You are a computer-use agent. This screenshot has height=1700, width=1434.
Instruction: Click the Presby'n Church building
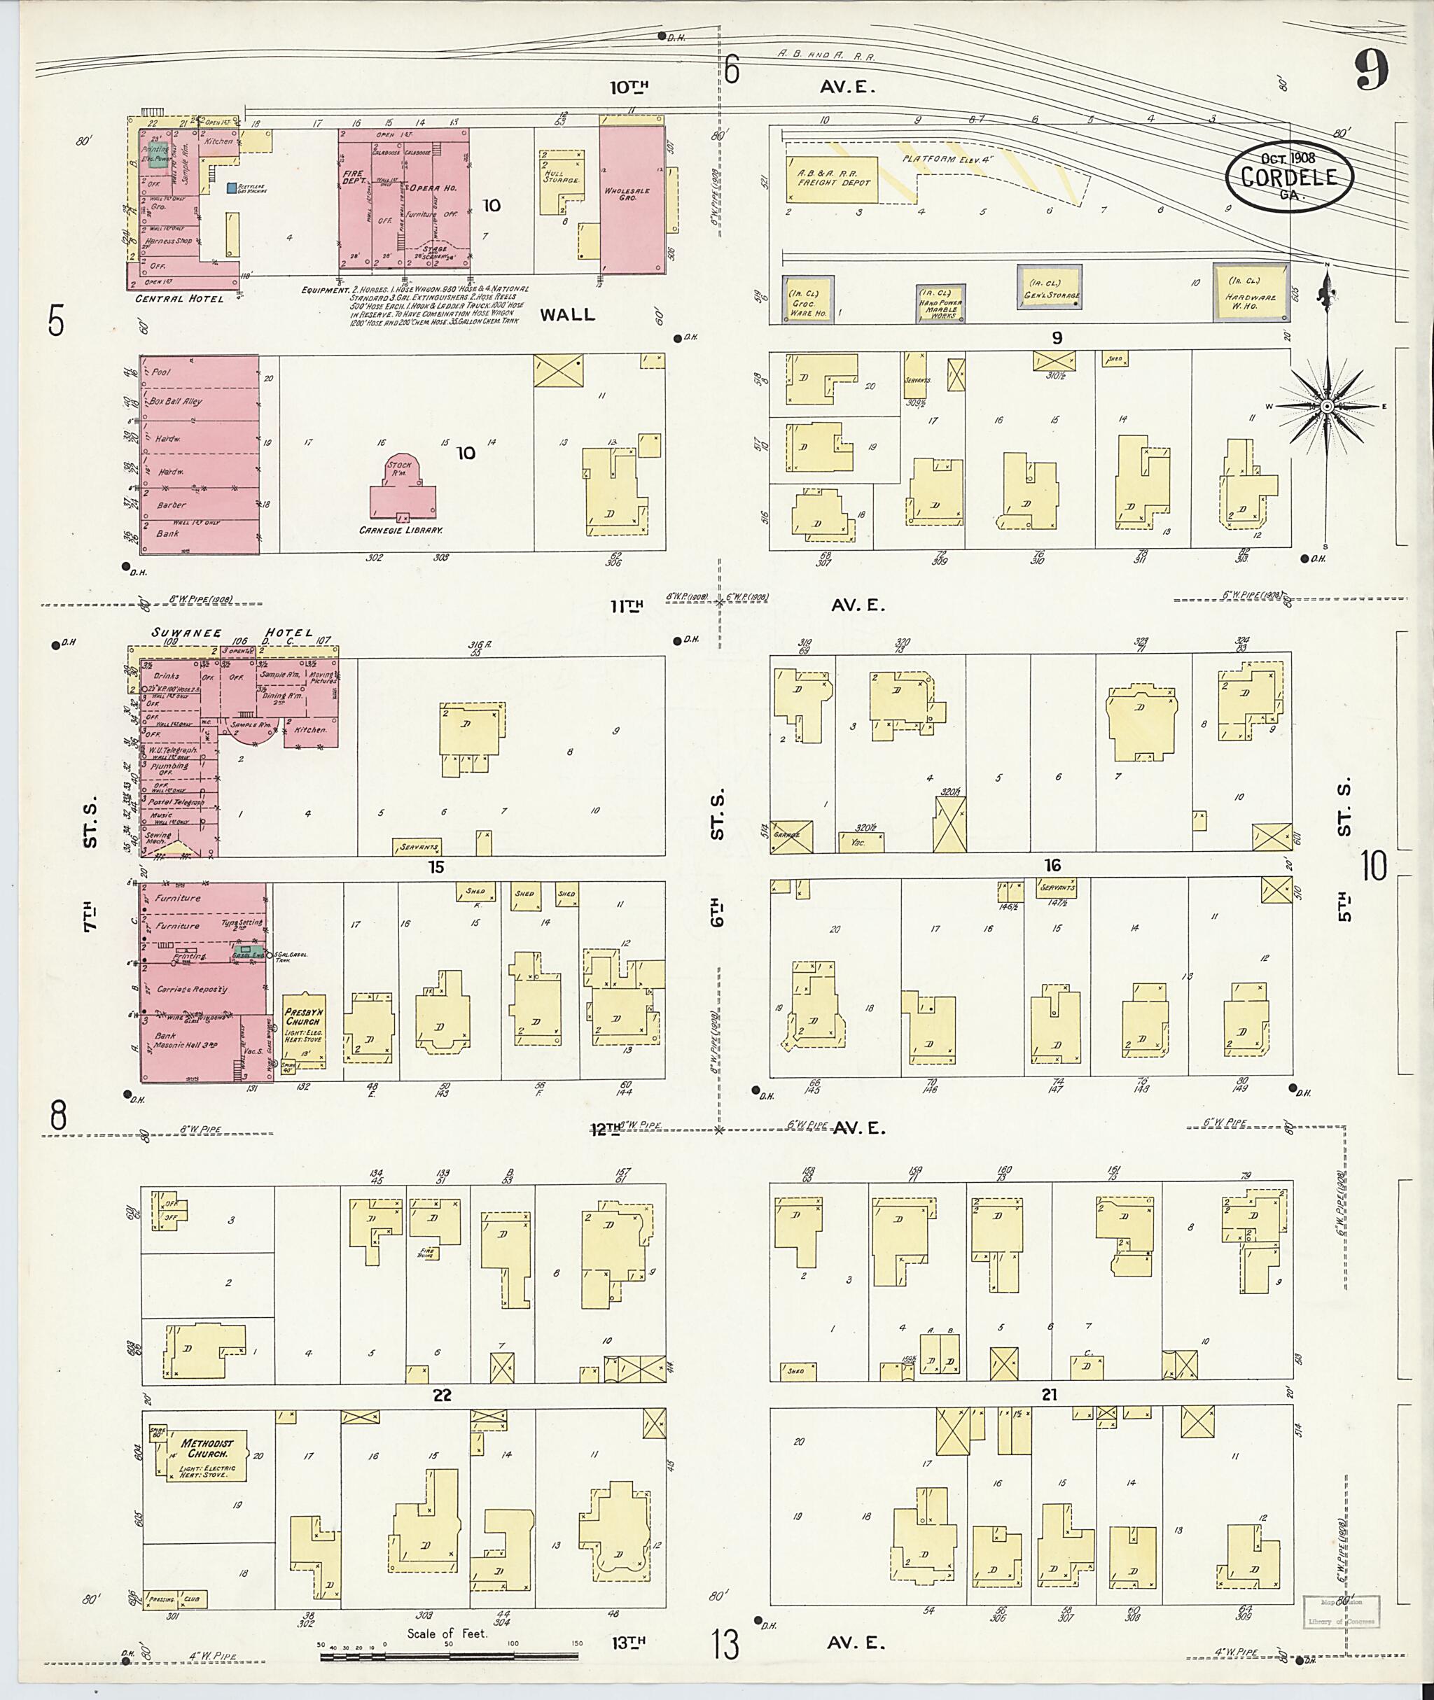tap(304, 1030)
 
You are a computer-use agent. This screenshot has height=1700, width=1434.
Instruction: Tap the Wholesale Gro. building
tap(632, 199)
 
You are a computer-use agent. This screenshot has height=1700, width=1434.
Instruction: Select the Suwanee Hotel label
tap(232, 632)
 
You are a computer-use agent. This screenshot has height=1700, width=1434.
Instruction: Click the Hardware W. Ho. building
tap(1251, 293)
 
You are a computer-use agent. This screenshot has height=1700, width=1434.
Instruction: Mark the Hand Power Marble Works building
tap(940, 304)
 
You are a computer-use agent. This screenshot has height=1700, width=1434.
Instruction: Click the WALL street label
tap(567, 314)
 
